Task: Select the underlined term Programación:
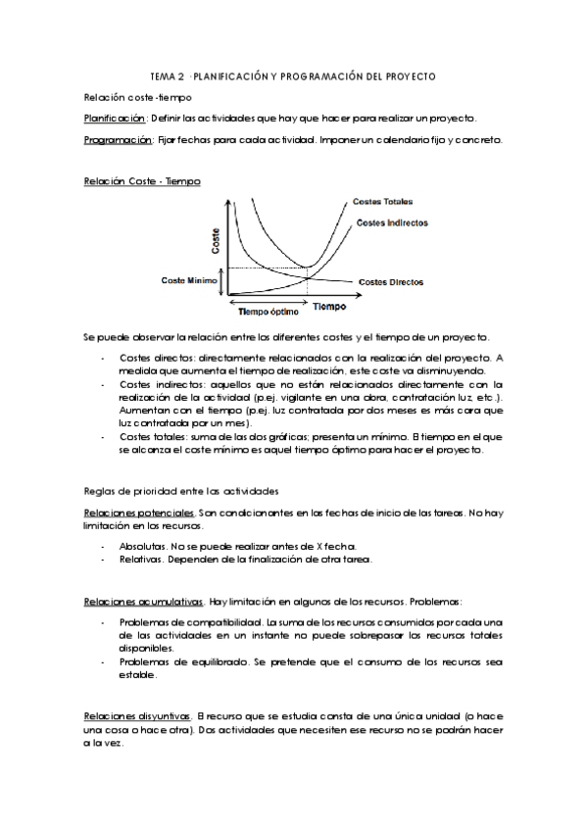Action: (118, 140)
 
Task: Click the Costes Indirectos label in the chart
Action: (392, 222)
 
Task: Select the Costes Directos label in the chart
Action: (391, 282)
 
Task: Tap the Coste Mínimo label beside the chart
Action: (189, 280)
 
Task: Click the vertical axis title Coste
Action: (216, 243)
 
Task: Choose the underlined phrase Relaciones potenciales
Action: (139, 512)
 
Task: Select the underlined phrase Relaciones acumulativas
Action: (144, 601)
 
